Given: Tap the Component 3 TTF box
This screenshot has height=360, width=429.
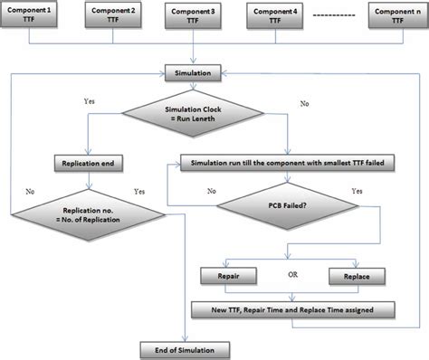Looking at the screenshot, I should coord(194,15).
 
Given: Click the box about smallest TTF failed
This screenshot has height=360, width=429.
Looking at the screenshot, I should coord(286,166).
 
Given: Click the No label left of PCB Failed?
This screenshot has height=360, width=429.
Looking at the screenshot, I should coord(212,192).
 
